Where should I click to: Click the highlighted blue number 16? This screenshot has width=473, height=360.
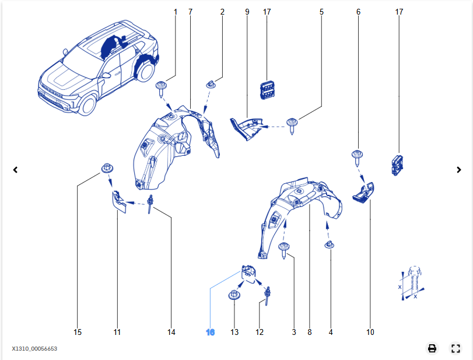click(211, 332)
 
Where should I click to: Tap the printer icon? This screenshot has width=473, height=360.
click(432, 348)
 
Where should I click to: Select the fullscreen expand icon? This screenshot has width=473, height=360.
click(456, 348)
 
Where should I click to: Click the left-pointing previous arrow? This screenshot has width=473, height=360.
click(16, 170)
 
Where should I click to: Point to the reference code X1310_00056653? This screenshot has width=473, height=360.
click(34, 349)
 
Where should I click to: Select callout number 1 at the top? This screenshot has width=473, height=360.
click(175, 12)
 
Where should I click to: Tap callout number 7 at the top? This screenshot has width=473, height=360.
click(191, 12)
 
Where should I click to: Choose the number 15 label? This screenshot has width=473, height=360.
click(78, 332)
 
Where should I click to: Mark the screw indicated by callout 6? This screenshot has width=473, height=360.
click(356, 157)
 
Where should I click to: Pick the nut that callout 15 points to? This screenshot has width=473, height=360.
click(106, 169)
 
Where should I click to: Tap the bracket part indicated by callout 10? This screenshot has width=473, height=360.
click(363, 192)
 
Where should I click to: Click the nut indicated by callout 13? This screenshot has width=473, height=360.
click(234, 294)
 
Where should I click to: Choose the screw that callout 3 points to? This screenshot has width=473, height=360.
click(285, 250)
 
